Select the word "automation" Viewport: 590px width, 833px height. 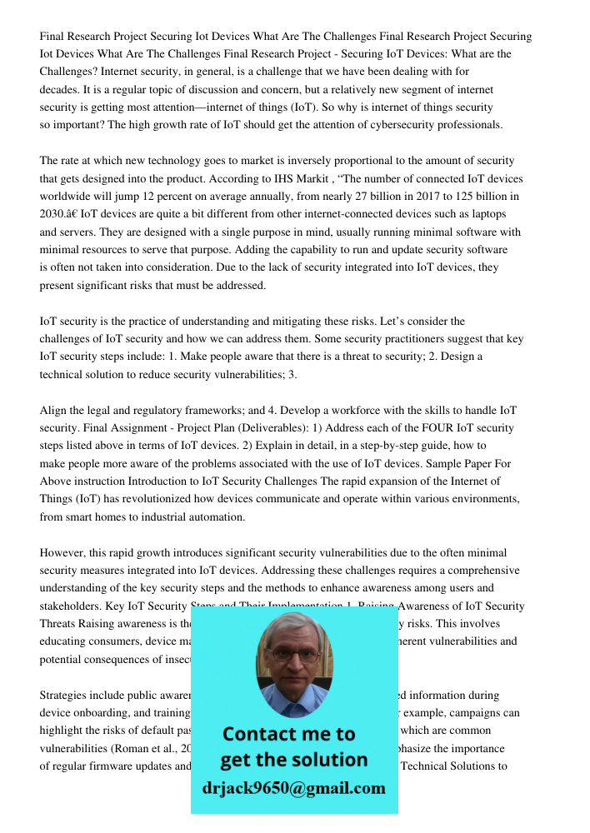[x=216, y=517]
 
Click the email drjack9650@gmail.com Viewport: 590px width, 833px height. [x=293, y=788]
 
